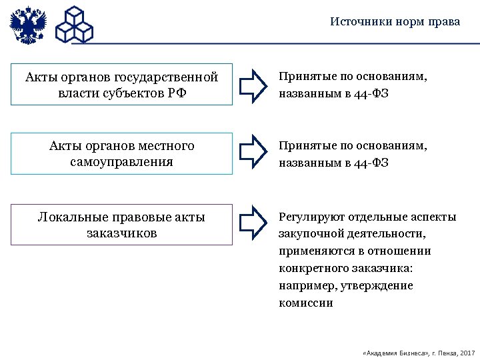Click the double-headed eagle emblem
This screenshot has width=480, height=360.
coord(29,25)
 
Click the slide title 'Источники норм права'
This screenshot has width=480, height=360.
coord(395,21)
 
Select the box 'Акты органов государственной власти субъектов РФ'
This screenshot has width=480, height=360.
coord(122,85)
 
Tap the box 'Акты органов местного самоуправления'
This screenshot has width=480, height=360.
coord(122,153)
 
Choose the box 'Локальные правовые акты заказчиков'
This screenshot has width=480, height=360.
coord(122,225)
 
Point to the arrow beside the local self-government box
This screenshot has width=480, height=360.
coord(253,153)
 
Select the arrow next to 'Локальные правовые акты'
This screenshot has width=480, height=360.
coord(253,222)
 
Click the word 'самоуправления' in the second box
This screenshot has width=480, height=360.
coord(121,161)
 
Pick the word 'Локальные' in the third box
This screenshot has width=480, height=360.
coord(69,217)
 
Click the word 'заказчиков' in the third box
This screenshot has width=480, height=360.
coord(122,233)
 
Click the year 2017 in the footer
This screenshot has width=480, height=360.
coord(467,351)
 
